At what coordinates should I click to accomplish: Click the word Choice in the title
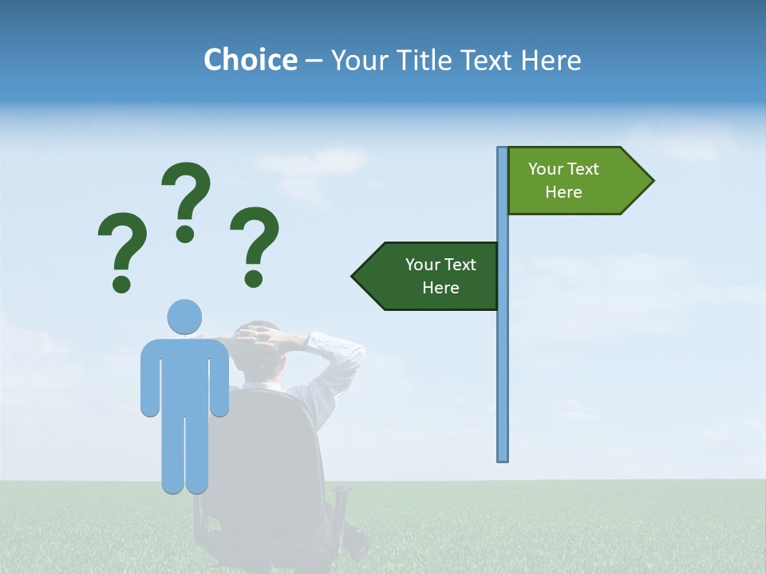tap(250, 61)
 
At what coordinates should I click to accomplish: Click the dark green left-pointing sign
tap(431, 276)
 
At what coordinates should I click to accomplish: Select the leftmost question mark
tap(122, 243)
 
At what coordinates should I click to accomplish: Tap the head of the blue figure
tap(184, 316)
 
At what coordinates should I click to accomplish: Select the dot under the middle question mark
tap(185, 234)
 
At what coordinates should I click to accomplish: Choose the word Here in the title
tap(551, 61)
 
